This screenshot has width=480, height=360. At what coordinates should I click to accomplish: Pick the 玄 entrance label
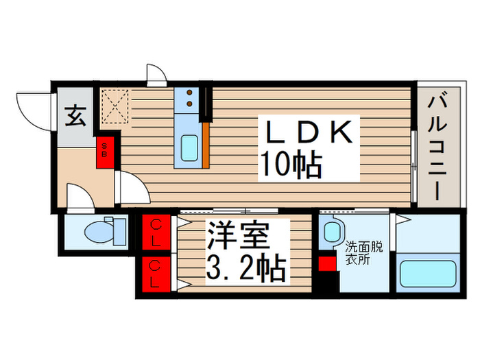pos(75,117)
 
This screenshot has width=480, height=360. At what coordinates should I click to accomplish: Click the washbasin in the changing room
pos(333,231)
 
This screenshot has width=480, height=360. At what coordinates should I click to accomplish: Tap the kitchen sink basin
pos(189,147)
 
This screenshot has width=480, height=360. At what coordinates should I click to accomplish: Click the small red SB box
pos(105,150)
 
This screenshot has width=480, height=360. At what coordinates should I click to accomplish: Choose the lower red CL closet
pos(156,272)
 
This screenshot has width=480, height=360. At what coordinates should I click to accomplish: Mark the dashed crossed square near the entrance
pos(113,104)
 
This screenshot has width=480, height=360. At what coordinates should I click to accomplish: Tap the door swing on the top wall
pos(156,74)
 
